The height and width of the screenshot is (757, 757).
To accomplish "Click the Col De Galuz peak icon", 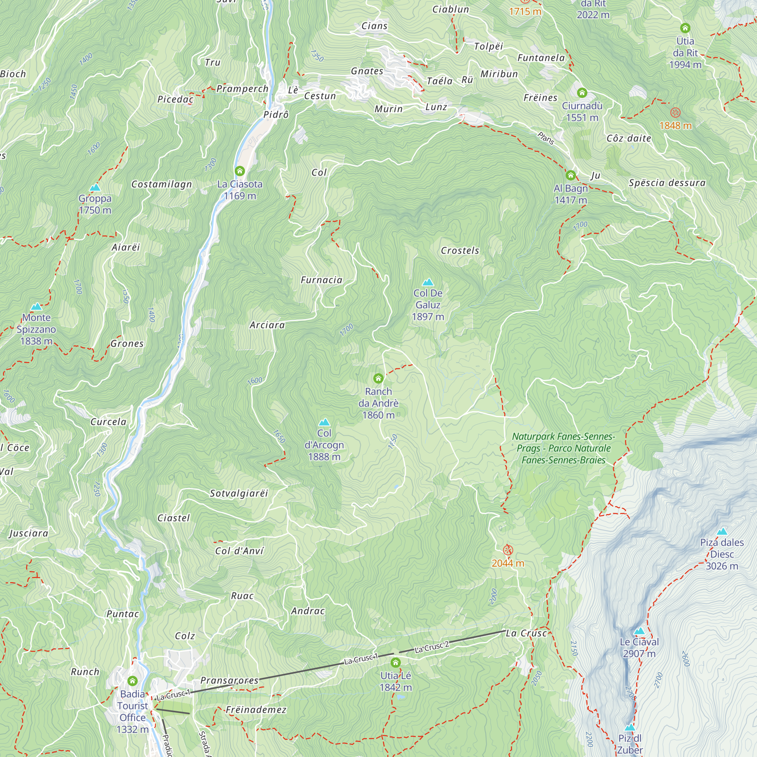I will tap(428, 282).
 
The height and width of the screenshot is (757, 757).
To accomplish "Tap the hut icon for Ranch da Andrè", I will tap(378, 378).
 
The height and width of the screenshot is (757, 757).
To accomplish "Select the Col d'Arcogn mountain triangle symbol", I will tap(324, 422).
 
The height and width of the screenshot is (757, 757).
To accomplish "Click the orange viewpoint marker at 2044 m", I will tap(508, 550).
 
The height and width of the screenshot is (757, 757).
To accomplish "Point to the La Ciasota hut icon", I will tap(240, 171).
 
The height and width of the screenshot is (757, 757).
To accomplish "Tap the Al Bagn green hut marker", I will tap(571, 175).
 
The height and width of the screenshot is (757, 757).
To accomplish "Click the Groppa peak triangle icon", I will tap(95, 188).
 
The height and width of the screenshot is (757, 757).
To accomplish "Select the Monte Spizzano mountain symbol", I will tap(36, 307).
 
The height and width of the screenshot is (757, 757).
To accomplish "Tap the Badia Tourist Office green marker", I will tap(132, 681).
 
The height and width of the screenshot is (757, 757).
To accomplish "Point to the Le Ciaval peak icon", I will tap(639, 631).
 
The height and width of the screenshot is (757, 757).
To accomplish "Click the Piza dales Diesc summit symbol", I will tap(722, 532).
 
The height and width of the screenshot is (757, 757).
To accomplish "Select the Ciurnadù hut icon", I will tap(582, 93).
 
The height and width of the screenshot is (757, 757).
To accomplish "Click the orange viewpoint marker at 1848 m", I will tap(675, 113).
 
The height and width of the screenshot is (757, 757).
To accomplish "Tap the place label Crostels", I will tap(460, 250).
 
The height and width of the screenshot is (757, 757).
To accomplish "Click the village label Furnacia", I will tap(322, 280).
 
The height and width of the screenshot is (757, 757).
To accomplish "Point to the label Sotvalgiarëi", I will tap(239, 493).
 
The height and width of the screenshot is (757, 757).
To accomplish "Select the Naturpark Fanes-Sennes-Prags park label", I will tap(564, 448).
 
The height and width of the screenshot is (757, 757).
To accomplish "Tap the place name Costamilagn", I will tap(162, 184).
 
